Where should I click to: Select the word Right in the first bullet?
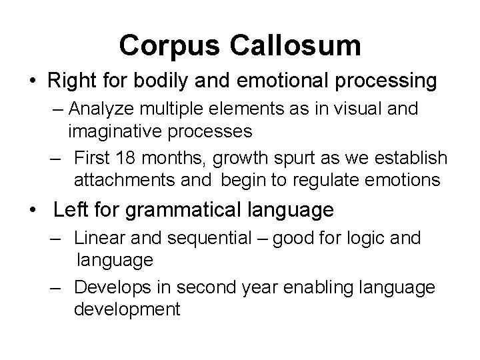(x=69, y=81)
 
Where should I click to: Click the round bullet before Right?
(x=33, y=82)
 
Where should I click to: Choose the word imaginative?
(x=113, y=130)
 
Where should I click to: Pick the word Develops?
(x=107, y=288)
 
